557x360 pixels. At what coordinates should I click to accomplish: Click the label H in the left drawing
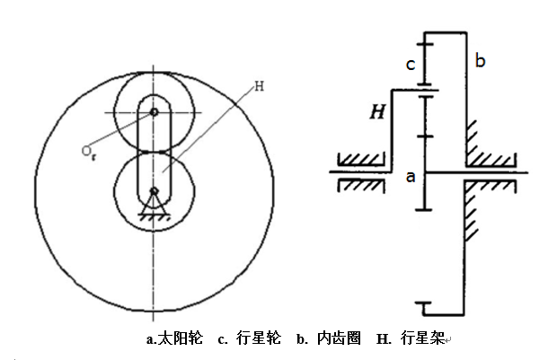pos(259,87)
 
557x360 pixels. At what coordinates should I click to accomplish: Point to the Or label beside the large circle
pos(88,154)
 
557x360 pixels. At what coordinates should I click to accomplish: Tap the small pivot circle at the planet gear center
pos(155,112)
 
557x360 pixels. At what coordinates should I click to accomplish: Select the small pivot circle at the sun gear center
pos(155,190)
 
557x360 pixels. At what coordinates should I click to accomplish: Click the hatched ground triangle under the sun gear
pos(155,208)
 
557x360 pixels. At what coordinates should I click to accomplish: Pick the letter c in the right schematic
pos(411,65)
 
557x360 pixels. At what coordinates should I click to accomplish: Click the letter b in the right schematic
pos(480,61)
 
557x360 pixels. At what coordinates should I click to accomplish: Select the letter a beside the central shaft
pos(410,177)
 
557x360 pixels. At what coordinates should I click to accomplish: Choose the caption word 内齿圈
pos(340,339)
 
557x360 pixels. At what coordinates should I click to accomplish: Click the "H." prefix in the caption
pos(384,339)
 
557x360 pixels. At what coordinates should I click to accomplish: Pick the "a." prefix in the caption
pos(151,339)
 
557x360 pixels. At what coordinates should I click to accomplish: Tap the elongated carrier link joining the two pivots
pos(155,151)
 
